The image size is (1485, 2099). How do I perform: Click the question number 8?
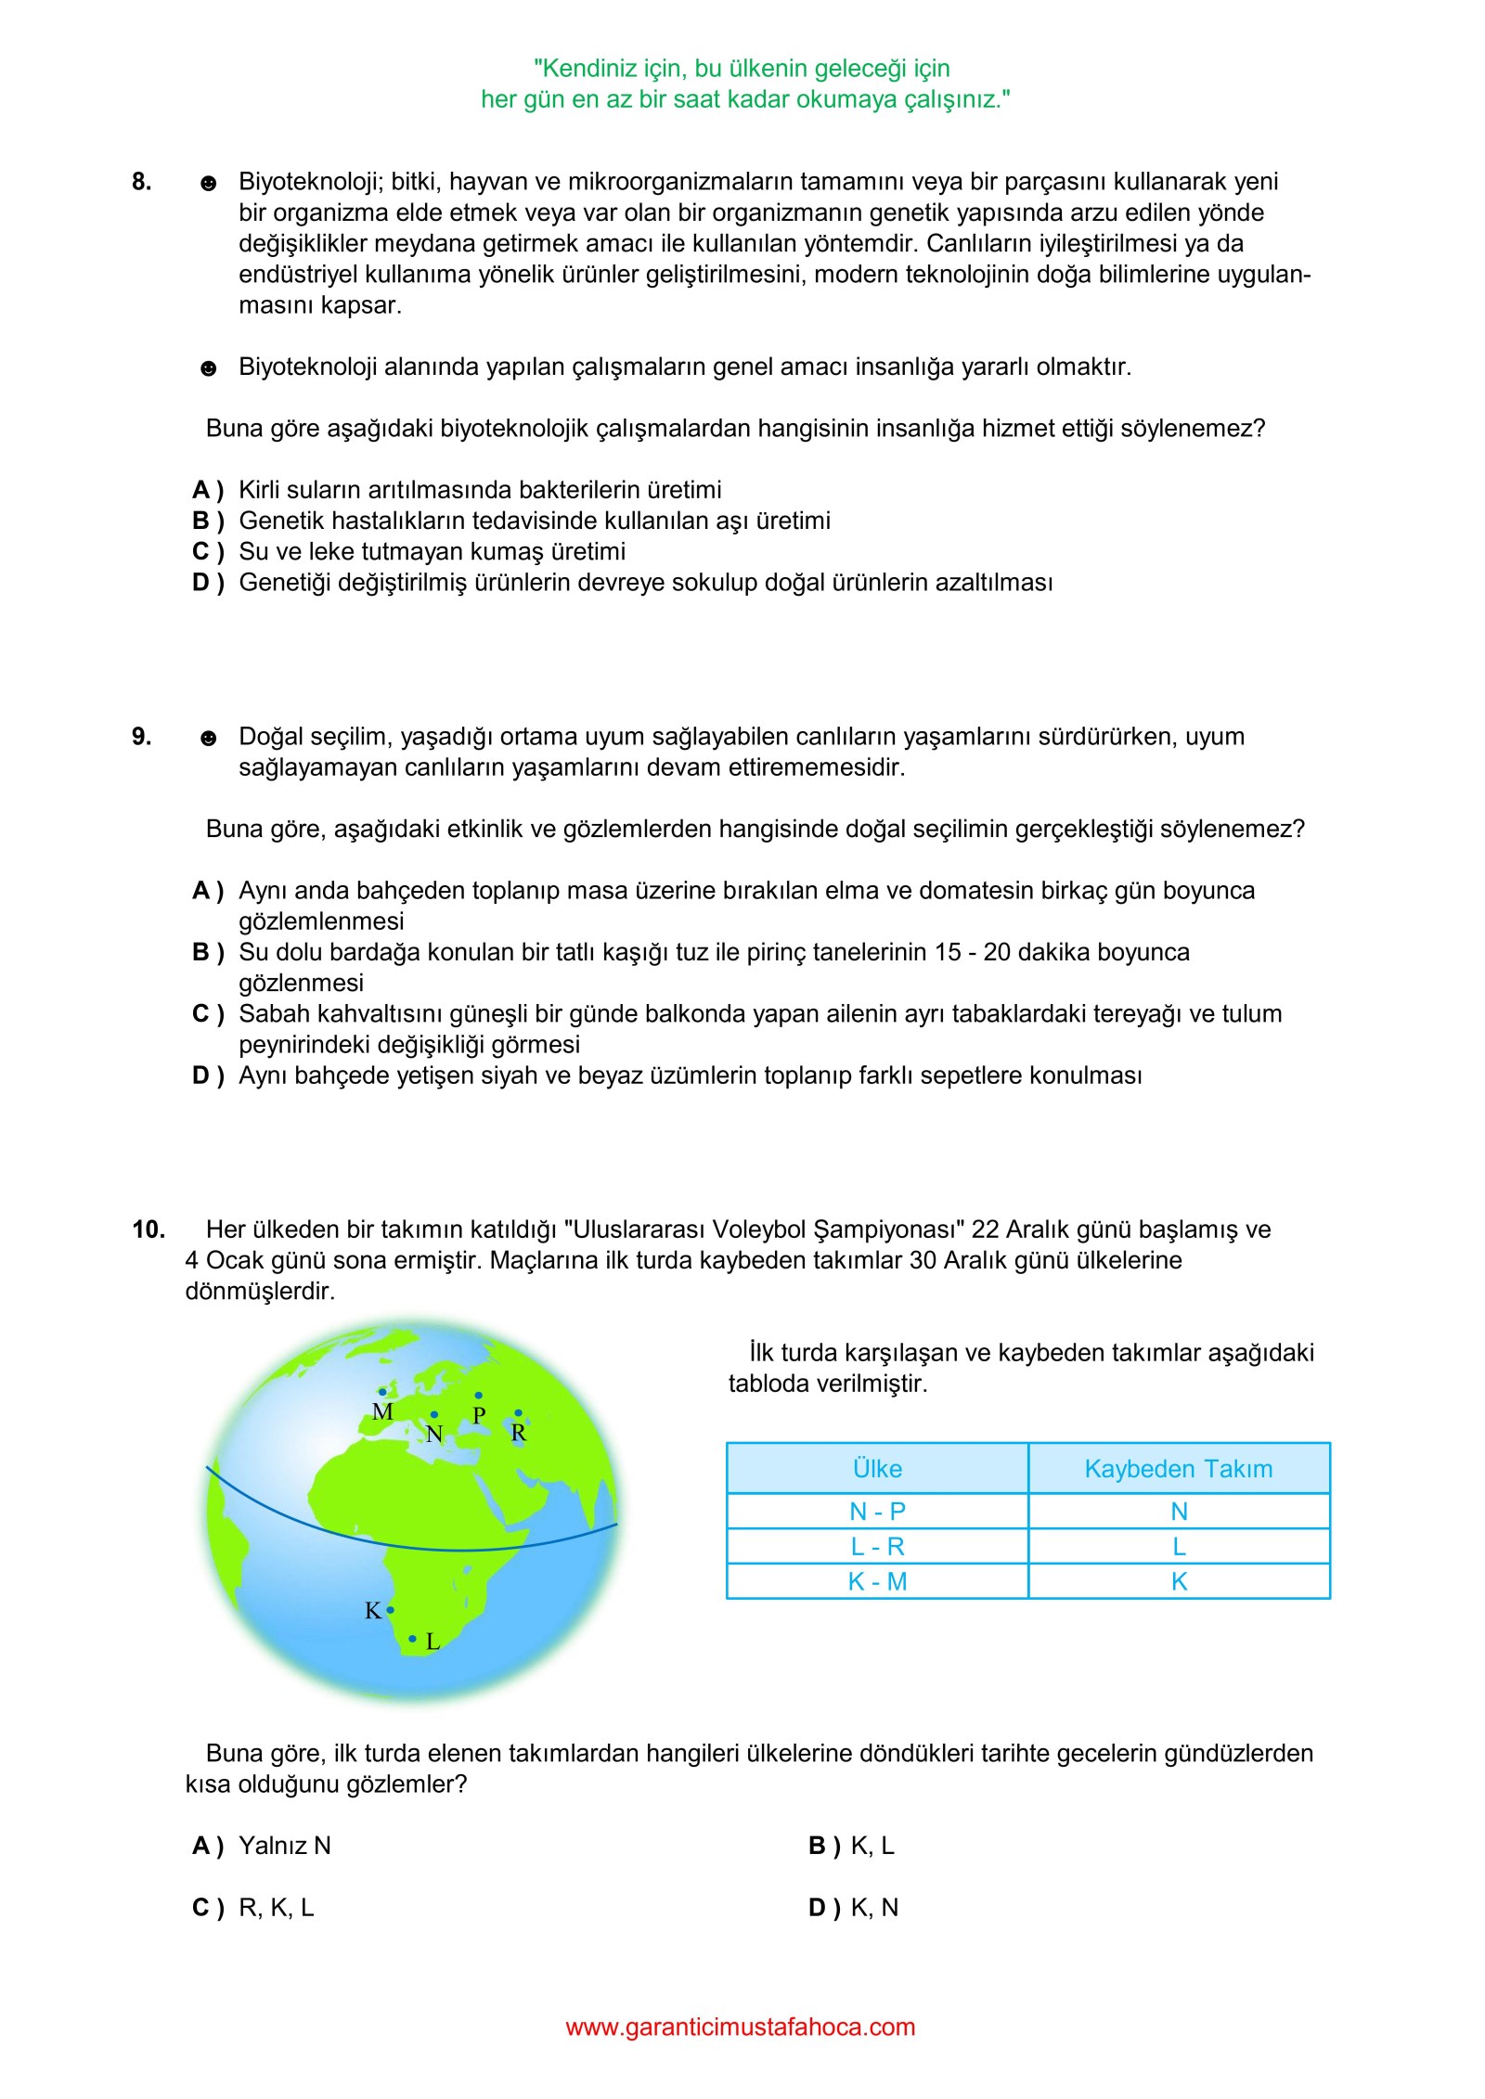(x=141, y=182)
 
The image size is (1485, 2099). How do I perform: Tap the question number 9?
(x=141, y=737)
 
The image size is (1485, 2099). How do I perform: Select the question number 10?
(x=148, y=1230)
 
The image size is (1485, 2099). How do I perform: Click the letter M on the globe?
(x=382, y=1411)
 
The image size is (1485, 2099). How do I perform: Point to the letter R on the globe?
(x=519, y=1433)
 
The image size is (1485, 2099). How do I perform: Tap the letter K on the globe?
(x=373, y=1610)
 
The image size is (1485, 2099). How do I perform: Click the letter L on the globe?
(x=433, y=1642)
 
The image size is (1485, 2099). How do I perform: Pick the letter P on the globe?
(x=479, y=1415)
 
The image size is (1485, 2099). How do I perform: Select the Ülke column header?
(x=877, y=1468)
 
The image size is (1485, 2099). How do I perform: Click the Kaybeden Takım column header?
(x=1179, y=1468)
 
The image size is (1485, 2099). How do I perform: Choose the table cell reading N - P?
(x=877, y=1511)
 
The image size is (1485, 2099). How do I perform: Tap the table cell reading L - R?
(x=877, y=1546)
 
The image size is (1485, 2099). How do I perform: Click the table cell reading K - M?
(x=877, y=1581)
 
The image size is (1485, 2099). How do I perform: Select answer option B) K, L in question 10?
(x=852, y=1846)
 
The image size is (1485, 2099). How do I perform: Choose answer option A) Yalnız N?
(x=263, y=1846)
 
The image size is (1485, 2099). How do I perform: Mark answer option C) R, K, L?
(x=254, y=1907)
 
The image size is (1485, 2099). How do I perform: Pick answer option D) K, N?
(x=854, y=1907)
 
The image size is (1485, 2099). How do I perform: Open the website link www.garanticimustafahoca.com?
(x=740, y=2027)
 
